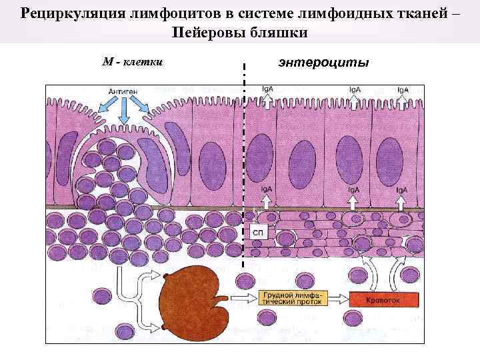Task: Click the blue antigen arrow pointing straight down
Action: click(124, 112)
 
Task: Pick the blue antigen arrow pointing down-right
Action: click(140, 103)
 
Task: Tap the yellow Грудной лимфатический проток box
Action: click(291, 297)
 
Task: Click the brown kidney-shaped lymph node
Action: click(193, 300)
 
